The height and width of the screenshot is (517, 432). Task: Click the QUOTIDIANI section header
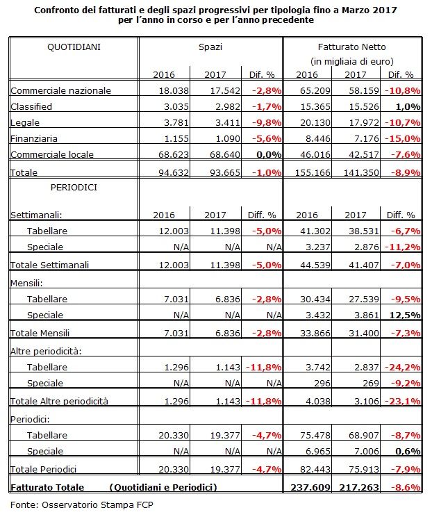[x=74, y=47]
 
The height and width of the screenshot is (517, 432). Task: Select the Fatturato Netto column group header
[x=351, y=47]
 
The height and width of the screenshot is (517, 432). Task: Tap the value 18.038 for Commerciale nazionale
[x=174, y=90]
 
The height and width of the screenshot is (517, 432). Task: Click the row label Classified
[x=31, y=106]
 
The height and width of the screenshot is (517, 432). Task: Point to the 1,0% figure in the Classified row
[x=408, y=107]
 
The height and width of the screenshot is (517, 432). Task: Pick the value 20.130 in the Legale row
[x=315, y=123]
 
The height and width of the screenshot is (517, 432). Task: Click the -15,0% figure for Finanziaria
[x=403, y=138]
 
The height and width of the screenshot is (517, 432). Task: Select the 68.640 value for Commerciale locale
[x=225, y=154]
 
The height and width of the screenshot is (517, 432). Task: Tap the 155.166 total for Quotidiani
[x=313, y=172]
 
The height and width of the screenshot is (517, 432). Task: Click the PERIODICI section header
[x=74, y=188]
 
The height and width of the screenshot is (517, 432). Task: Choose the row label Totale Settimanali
[x=50, y=265]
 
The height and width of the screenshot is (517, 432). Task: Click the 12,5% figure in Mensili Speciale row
[x=405, y=315]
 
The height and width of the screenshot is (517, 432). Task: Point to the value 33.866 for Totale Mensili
[x=315, y=333]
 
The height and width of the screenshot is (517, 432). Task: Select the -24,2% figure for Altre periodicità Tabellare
[x=403, y=368]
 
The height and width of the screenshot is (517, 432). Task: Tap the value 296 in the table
[x=322, y=383]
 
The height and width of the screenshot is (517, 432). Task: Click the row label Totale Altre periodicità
[x=59, y=401]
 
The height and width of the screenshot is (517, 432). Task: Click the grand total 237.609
[x=310, y=487]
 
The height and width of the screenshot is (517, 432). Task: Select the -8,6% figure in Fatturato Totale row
[x=406, y=487]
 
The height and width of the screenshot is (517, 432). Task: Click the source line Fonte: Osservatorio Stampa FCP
[x=82, y=504]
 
